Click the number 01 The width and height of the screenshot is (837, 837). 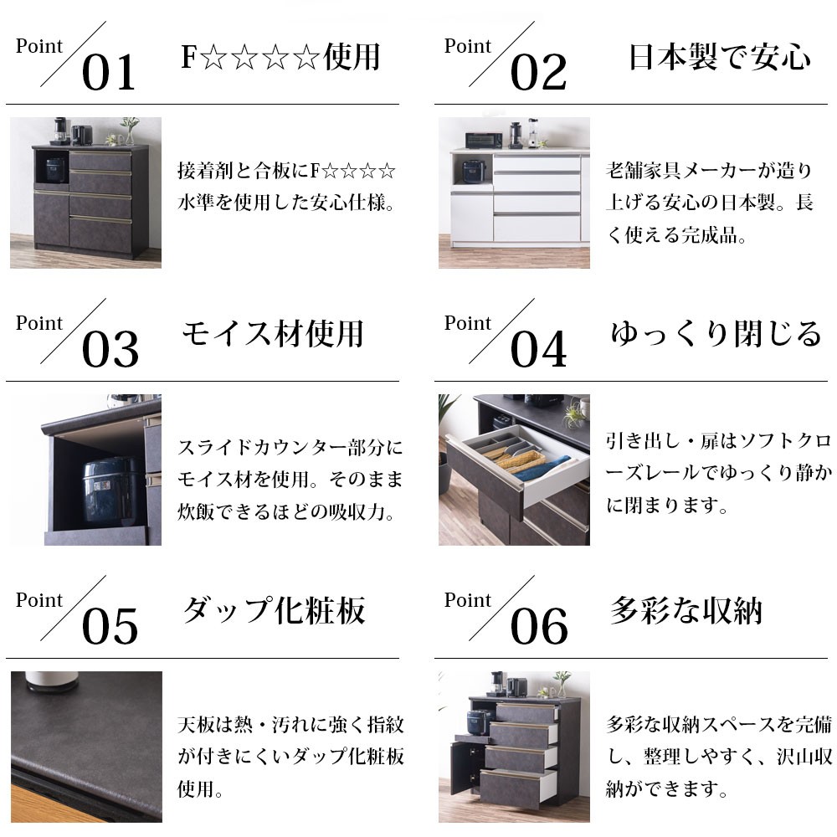click(108, 73)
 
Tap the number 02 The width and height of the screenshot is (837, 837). click(538, 73)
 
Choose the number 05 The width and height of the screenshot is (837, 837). click(110, 627)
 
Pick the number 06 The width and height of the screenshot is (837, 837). click(538, 627)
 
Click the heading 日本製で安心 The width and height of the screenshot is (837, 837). click(719, 58)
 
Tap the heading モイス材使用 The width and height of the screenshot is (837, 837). click(273, 334)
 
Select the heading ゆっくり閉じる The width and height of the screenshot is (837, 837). click(716, 334)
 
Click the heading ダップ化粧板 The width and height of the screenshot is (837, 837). click(274, 611)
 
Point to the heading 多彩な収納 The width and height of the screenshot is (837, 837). click(686, 611)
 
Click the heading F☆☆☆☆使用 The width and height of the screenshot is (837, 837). click(280, 58)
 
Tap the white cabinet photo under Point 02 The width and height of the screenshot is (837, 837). click(514, 193)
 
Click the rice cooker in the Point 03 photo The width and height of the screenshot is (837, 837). click(107, 489)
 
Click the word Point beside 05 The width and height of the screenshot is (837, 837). click(39, 600)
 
